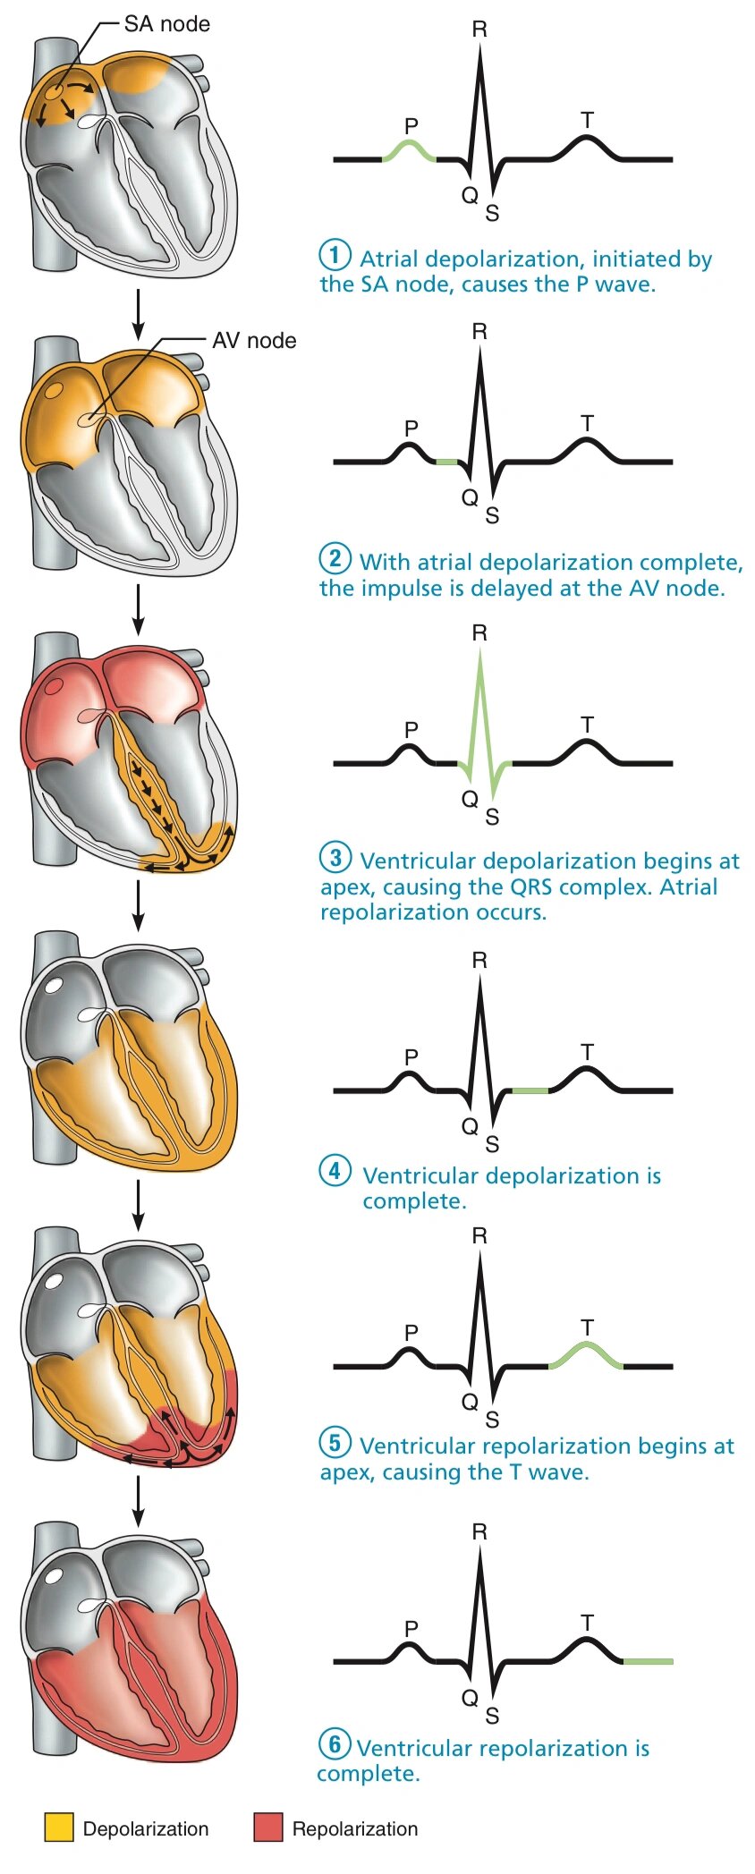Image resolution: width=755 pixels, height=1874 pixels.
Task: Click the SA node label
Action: (166, 24)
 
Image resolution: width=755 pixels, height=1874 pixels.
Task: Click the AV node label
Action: (254, 341)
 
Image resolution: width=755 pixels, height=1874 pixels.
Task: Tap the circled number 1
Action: (335, 255)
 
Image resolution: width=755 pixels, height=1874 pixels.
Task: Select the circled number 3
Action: (335, 858)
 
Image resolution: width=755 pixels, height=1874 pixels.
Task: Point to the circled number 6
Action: (335, 1743)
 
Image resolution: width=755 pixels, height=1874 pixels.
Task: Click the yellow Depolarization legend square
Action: (59, 1827)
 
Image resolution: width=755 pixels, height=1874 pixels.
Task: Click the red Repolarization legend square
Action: (267, 1827)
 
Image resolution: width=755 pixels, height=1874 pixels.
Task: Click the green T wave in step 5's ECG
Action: (586, 1352)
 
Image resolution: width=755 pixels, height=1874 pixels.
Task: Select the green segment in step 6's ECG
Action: (647, 1661)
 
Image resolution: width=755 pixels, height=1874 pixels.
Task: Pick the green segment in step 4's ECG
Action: (530, 1090)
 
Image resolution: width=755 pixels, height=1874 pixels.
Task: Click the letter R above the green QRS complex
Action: (479, 633)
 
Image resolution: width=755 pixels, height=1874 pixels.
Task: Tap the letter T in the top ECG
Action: (587, 120)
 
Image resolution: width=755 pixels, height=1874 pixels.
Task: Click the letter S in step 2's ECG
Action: (492, 516)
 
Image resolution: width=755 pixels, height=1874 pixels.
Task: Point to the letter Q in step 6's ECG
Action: (469, 1697)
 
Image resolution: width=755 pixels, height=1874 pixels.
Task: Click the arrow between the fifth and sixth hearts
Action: (137, 1500)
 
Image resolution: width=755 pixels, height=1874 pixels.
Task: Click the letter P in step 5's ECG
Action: (411, 1332)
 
